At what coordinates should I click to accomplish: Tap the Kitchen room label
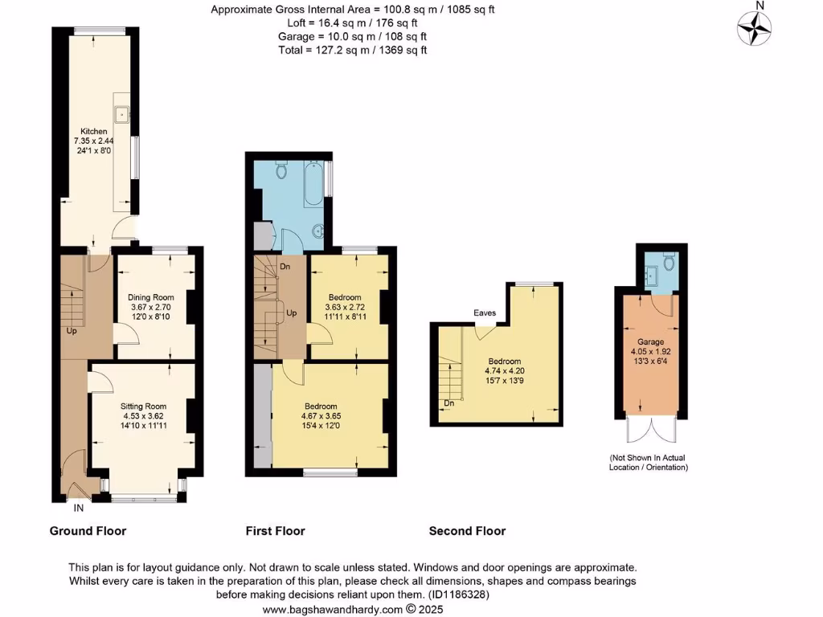[x=93, y=131]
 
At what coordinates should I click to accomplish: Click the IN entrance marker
[x=79, y=509]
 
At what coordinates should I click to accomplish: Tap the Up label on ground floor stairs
[x=72, y=330]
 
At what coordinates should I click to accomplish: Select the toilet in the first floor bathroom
[x=281, y=170]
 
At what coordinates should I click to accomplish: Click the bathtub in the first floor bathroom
[x=314, y=185]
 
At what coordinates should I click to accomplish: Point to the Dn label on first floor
[x=285, y=267]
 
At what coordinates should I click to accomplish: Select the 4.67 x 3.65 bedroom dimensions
[x=320, y=416]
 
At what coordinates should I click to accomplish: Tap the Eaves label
[x=485, y=313]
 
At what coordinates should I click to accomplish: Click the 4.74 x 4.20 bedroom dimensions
[x=504, y=372]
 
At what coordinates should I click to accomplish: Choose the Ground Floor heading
[x=88, y=531]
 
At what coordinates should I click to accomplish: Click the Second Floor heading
[x=467, y=531]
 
